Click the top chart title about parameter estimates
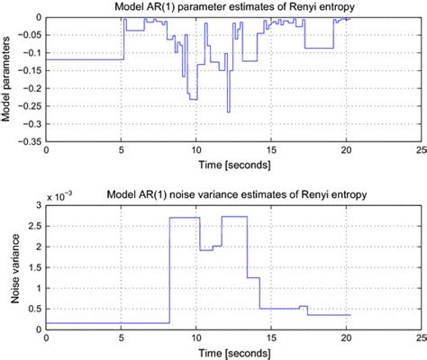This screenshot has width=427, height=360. tap(232, 8)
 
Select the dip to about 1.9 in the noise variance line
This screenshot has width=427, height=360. tap(206, 249)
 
